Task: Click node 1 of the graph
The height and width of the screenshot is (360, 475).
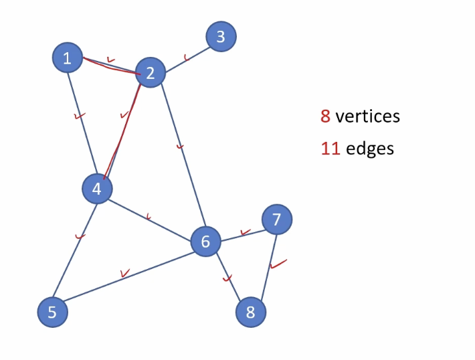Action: [67, 58]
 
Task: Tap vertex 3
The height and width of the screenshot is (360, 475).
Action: [221, 37]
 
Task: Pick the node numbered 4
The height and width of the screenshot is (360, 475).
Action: [97, 189]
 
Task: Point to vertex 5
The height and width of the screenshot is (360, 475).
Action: [52, 312]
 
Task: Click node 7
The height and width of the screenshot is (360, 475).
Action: [277, 219]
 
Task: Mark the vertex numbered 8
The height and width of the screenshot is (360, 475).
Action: [251, 312]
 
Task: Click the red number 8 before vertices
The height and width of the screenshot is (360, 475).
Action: [325, 116]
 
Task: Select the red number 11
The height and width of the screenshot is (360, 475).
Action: [330, 148]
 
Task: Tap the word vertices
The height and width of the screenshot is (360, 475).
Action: [367, 116]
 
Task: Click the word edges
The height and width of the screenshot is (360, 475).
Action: [370, 148]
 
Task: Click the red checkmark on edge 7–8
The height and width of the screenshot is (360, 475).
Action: [278, 264]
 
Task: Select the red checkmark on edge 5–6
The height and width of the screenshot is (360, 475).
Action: [124, 273]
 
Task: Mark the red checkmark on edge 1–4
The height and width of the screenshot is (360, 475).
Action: [80, 117]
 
